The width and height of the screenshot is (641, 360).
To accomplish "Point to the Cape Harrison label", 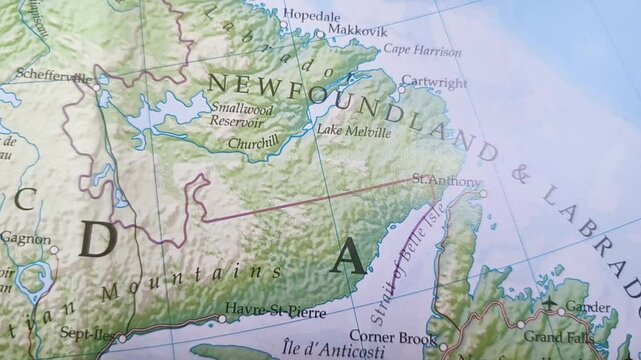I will point(423,50).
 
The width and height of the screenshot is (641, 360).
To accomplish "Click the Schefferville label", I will point(47,76).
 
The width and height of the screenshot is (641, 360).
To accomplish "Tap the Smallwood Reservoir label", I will point(239,113).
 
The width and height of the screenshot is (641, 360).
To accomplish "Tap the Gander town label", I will point(589,307).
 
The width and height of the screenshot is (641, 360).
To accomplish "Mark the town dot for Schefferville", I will point(97,87).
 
